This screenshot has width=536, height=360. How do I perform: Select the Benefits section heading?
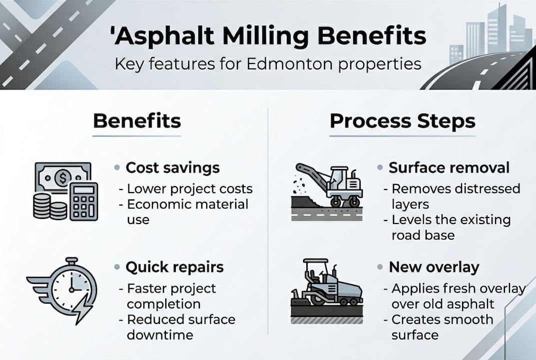(137, 121)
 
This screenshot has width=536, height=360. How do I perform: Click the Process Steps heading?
(402, 121)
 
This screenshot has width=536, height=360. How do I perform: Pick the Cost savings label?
(172, 167)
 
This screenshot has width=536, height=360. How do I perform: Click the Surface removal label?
(449, 167)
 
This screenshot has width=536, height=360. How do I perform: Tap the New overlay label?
(434, 267)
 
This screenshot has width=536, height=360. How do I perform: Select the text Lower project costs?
(189, 189)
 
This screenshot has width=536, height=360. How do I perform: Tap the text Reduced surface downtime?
(180, 327)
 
